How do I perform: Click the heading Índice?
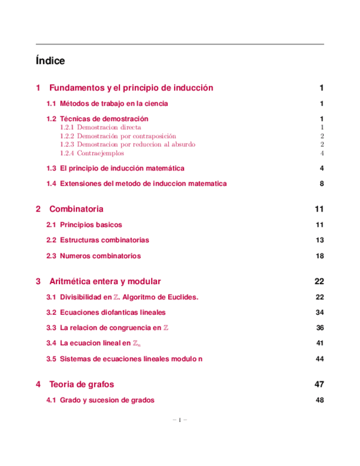pos(50,61)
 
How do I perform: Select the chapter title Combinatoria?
pos(76,209)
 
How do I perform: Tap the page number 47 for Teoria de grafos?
pos(319,384)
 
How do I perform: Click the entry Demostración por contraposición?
pos(126,136)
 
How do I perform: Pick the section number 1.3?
pos(52,168)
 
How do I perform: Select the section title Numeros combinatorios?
pos(100,256)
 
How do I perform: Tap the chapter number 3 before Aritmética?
pos(38,281)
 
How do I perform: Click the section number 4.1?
pos(52,400)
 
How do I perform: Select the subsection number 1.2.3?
pos(67,145)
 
